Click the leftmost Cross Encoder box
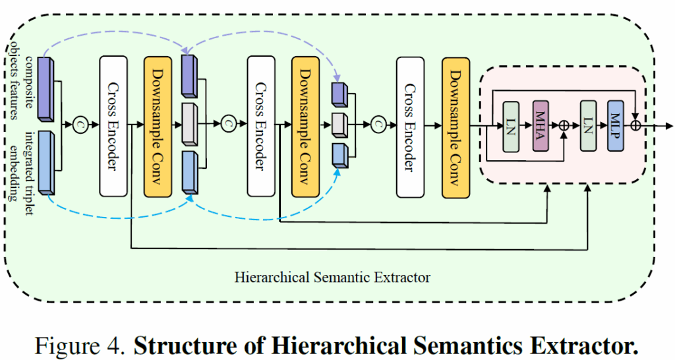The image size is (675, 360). (x=113, y=126)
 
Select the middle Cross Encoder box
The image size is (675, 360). (x=261, y=126)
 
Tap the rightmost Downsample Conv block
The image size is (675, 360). (x=455, y=126)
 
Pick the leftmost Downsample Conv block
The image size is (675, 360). (x=158, y=126)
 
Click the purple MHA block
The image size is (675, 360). (x=541, y=126)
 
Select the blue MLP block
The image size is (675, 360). (x=616, y=126)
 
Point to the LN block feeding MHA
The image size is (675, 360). (x=511, y=126)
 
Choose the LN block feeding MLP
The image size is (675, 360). (x=588, y=126)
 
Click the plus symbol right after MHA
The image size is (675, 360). (x=564, y=125)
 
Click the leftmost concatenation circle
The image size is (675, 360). (x=80, y=124)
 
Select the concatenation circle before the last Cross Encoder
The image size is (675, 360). (x=378, y=124)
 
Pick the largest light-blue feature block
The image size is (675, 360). (x=46, y=162)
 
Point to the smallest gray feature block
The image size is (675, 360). (x=339, y=124)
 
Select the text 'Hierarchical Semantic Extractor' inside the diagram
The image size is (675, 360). (x=332, y=276)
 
